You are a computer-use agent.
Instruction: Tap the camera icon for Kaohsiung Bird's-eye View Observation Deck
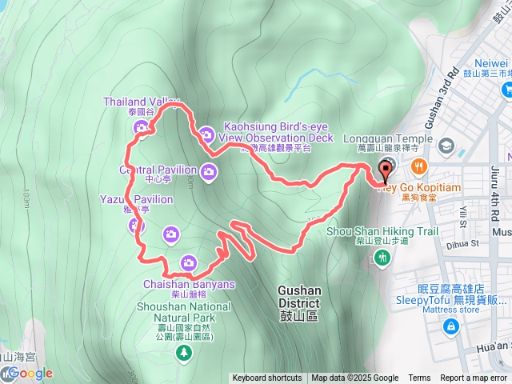click(206, 134)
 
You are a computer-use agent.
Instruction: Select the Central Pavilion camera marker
click(209, 170)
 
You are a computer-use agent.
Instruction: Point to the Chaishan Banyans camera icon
click(189, 261)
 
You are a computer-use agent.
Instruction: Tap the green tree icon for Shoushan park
click(185, 351)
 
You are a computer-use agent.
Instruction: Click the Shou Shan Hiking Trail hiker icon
click(383, 257)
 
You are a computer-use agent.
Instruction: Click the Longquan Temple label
click(388, 138)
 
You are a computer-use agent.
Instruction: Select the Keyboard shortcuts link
click(267, 378)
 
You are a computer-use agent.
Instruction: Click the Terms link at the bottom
click(419, 378)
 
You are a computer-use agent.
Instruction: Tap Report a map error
click(474, 378)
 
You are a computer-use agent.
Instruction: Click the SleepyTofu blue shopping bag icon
click(452, 326)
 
